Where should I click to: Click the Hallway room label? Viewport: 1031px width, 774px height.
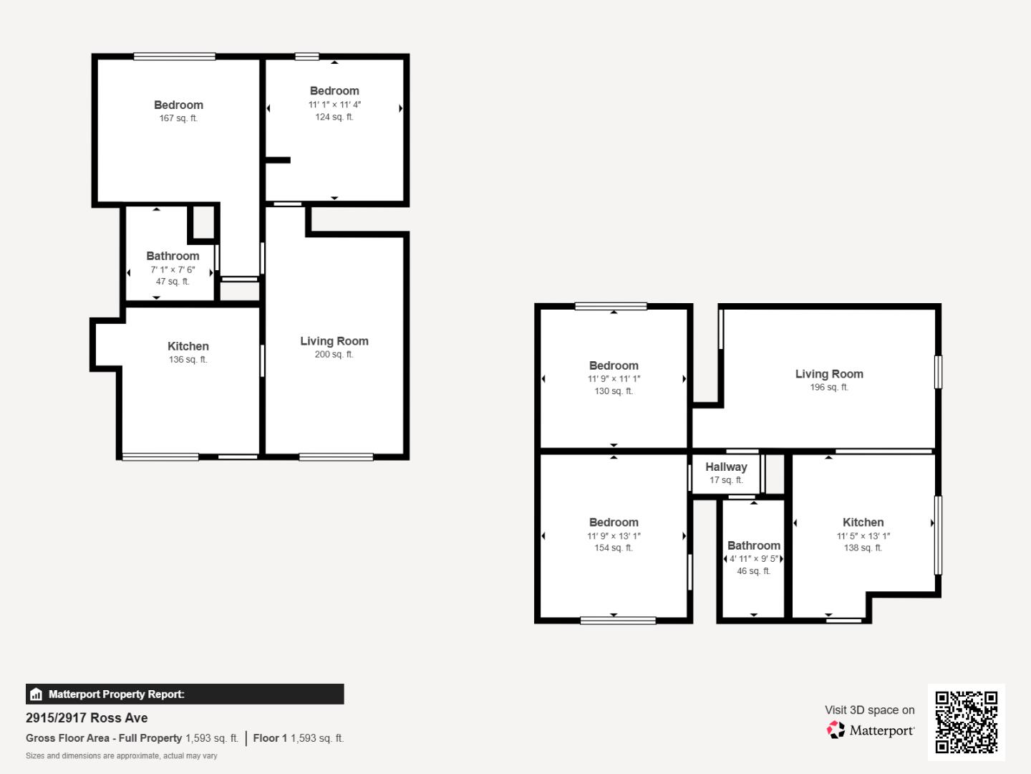pos(726,467)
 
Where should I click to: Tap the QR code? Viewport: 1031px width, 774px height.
pos(966,722)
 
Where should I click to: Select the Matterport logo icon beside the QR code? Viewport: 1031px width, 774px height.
pos(836,730)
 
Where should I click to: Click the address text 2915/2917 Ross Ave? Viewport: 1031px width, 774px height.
pos(87,718)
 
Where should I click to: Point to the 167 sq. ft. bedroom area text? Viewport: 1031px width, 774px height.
pos(178,118)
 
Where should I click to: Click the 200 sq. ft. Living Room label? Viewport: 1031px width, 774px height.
pos(334,341)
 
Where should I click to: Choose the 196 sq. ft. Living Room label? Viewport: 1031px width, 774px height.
pos(829,374)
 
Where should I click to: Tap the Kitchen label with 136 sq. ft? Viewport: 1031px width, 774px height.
pos(188,346)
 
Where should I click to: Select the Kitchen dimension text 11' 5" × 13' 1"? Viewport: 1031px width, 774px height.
pos(863,536)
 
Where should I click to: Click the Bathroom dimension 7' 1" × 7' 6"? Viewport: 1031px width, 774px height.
pos(173,269)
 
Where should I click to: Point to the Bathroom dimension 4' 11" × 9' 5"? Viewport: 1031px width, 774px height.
pos(753,559)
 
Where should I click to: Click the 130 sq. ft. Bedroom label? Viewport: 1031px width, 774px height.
pos(614,365)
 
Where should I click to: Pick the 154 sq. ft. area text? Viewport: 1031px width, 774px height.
pos(614,548)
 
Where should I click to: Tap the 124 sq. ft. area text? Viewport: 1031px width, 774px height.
pos(334,117)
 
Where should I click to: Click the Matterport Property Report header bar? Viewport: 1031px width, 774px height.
pos(185,694)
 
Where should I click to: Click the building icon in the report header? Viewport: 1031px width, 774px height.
pos(37,694)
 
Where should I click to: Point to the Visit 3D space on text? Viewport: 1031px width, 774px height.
pos(869,710)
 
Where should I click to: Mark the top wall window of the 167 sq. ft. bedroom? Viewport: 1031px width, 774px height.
pos(175,57)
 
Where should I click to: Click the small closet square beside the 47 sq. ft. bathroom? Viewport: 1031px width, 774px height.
pos(203,223)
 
